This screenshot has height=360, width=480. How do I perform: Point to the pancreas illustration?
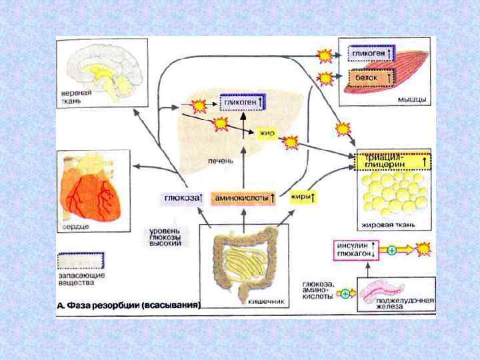(x=394, y=290)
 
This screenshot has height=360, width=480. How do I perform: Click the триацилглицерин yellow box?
(x=394, y=161)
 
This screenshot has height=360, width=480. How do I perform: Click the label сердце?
(x=74, y=228)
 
